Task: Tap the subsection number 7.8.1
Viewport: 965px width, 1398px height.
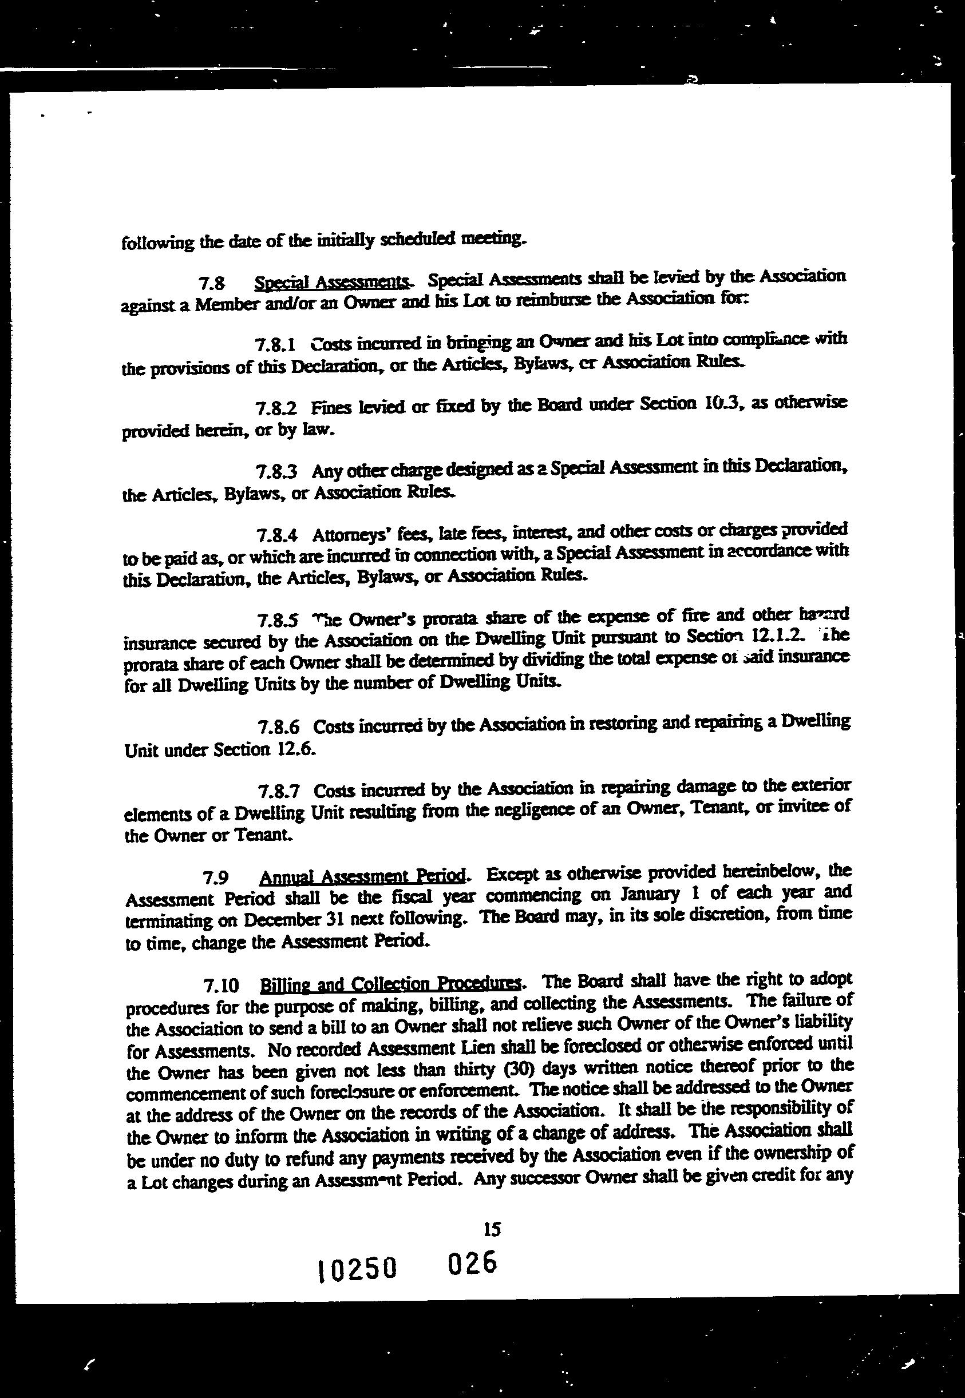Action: [275, 345]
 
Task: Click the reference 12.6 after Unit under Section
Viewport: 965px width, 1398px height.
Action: [296, 750]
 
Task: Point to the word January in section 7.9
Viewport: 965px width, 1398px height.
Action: [637, 893]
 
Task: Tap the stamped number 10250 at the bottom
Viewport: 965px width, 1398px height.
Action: [357, 1268]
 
